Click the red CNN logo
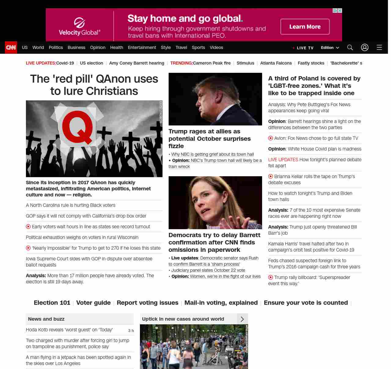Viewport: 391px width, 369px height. (11, 47)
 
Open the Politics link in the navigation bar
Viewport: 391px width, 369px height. (56, 47)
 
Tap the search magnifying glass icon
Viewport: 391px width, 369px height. (350, 47)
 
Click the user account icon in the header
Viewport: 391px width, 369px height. (364, 47)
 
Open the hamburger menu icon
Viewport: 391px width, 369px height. (379, 47)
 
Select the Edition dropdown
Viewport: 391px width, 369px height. (330, 47)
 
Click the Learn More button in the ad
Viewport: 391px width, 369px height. (305, 27)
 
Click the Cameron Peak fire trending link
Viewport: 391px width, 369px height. (212, 63)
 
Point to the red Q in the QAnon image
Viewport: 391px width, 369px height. (78, 127)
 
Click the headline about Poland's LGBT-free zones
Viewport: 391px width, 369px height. (314, 86)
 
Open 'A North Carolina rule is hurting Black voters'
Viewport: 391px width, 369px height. (71, 205)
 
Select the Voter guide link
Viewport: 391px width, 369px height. (93, 303)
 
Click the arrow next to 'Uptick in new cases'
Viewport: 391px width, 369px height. (242, 319)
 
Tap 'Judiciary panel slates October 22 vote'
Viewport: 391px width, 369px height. (208, 270)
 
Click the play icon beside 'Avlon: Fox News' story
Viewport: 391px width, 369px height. (271, 138)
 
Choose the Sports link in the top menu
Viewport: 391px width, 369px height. (198, 47)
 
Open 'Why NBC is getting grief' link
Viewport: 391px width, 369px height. (212, 154)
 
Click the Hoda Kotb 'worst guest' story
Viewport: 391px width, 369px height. (69, 330)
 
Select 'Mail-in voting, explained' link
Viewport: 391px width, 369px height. (221, 303)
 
